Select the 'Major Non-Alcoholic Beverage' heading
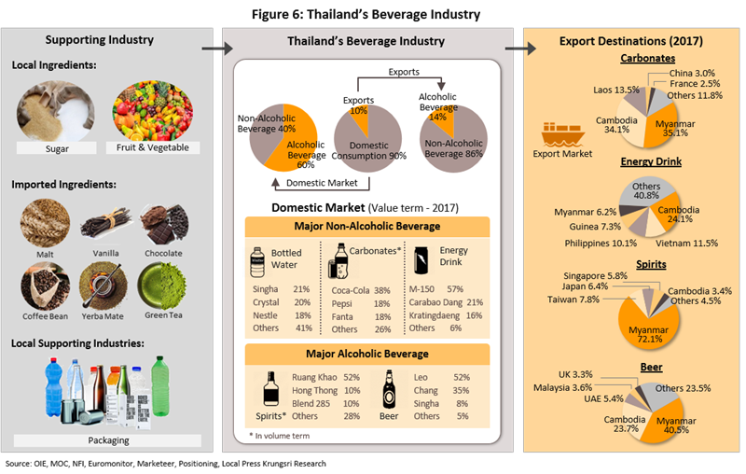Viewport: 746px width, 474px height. [x=366, y=228]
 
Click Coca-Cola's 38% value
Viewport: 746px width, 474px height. [x=381, y=290]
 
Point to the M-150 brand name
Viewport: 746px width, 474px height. [x=424, y=290]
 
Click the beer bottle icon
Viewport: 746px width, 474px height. [x=389, y=390]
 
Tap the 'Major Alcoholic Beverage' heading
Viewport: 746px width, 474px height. [x=366, y=354]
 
